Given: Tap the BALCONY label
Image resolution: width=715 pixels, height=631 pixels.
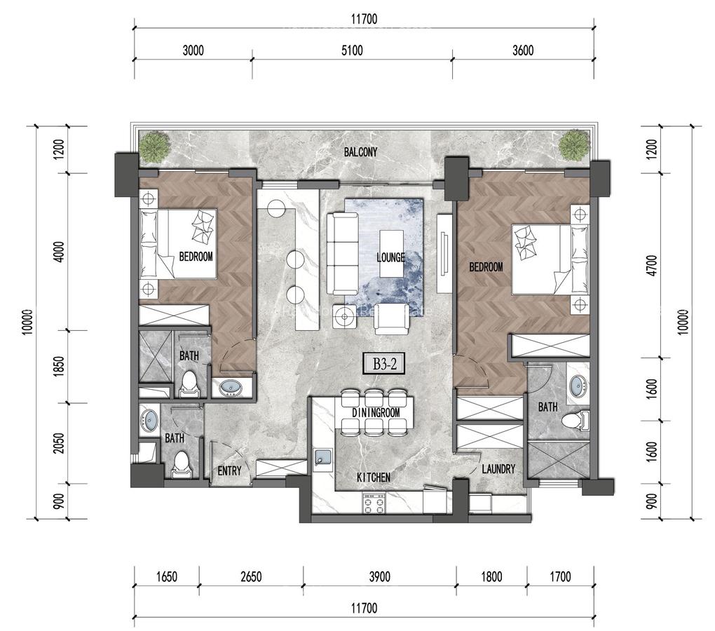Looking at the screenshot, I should coord(361,152).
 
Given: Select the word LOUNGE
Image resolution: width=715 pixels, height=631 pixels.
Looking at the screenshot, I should coord(390,257).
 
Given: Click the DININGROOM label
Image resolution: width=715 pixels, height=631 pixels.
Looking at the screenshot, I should coord(376,413).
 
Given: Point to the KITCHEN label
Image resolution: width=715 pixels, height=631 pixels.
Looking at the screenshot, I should coord(373,477).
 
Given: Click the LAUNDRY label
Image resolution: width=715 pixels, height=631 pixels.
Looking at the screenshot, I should coord(498,469).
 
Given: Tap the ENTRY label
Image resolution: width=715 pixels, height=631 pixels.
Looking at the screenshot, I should coord(229,471).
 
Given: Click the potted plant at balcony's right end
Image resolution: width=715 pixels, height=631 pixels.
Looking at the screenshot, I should coord(573,146).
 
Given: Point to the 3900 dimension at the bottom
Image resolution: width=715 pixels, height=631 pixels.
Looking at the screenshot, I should coord(379,578).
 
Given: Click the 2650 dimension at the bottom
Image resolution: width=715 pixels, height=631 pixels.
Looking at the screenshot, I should coord(250,578).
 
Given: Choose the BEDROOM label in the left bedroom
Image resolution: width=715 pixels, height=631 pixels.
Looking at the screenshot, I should coord(196,257).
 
